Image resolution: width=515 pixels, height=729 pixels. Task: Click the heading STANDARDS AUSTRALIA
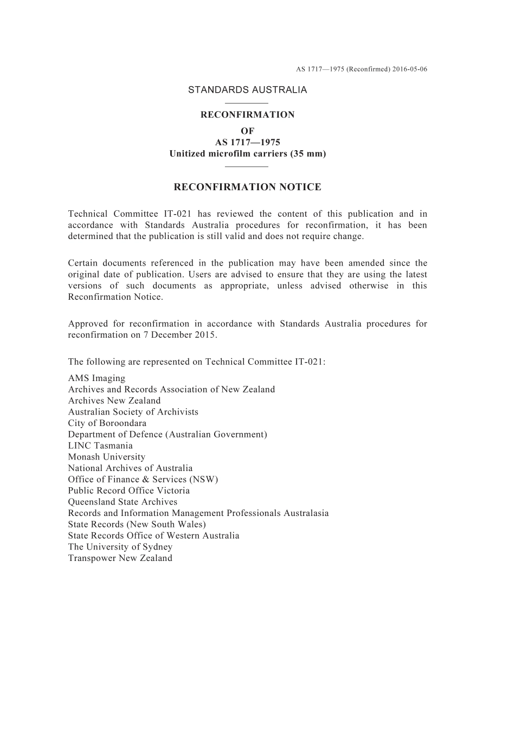coord(247,90)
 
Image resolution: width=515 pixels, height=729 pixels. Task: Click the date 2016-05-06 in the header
coord(410,69)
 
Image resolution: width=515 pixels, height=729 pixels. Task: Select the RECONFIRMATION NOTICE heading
coord(247,188)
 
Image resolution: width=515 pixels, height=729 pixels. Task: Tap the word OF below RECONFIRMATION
coord(247,131)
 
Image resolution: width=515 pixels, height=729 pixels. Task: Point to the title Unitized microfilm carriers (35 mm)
coord(247,154)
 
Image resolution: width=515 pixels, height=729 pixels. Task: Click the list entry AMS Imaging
coord(96,378)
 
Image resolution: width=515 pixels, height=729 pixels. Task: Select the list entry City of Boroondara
coord(107,423)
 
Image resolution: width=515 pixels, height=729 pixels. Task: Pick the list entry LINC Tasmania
coord(100,446)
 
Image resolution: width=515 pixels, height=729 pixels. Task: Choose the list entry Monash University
coord(106,457)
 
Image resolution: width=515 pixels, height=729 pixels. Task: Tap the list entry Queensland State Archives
coord(123,502)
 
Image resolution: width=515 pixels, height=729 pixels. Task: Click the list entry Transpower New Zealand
coord(120,558)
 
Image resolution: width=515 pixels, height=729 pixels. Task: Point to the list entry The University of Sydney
coord(120,547)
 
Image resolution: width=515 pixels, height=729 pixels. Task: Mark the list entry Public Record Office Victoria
coord(129,491)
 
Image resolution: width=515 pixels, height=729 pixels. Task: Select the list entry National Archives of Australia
coord(130,468)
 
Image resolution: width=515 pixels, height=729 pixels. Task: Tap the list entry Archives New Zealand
coord(114,401)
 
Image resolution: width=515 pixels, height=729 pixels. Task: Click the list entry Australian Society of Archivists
coord(133,412)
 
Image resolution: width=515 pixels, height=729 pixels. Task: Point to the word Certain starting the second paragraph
coord(83,263)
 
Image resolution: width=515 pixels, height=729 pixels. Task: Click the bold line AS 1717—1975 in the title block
coord(247,143)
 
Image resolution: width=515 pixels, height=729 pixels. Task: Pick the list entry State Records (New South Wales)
coord(137,524)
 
